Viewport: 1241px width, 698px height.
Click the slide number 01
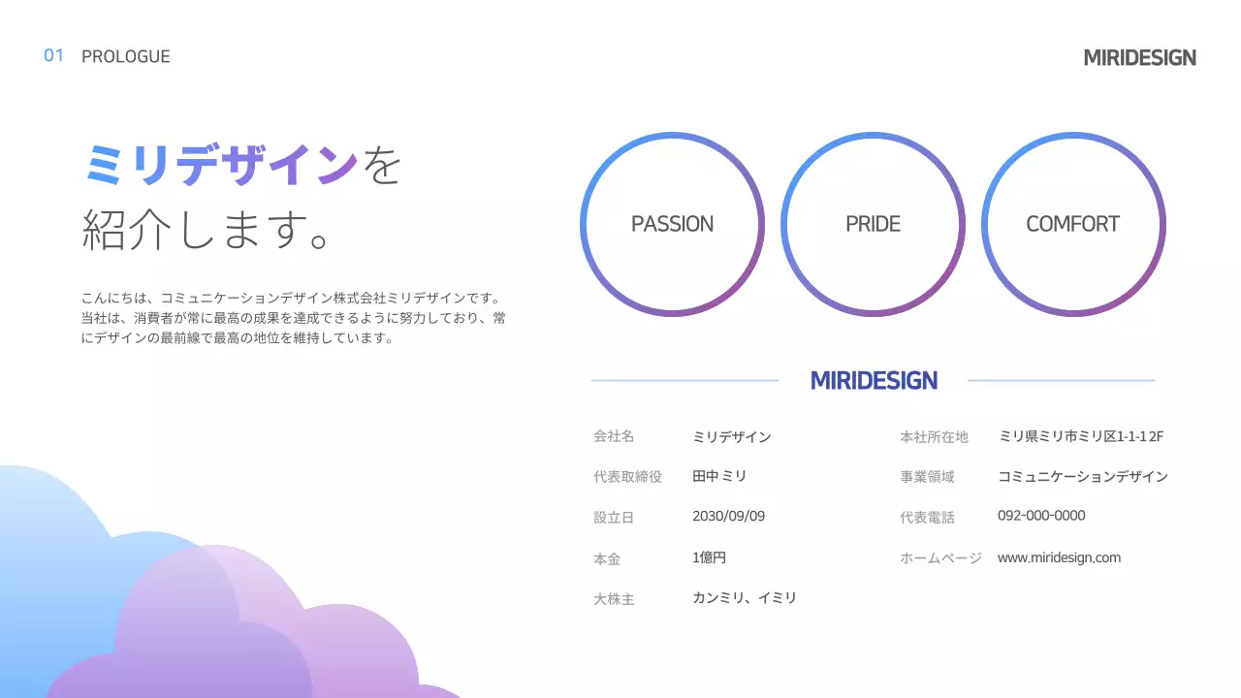point(53,55)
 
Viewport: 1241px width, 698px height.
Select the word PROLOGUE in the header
point(126,56)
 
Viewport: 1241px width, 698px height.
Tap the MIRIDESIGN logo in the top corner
point(1139,58)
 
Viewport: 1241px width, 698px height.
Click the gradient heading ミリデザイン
point(221,166)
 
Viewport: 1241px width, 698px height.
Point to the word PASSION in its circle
point(672,224)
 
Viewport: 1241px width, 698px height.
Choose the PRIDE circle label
point(873,224)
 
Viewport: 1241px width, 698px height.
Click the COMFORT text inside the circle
point(1072,224)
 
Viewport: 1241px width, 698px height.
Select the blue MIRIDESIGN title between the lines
point(874,381)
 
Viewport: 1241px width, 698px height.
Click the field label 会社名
point(614,437)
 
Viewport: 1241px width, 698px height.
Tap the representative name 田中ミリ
point(719,477)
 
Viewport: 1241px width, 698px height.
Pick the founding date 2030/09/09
point(728,516)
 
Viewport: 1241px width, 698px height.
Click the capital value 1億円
point(709,557)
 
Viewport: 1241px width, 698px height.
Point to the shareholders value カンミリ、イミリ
point(745,598)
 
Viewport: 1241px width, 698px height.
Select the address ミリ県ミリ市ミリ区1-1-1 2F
point(1081,437)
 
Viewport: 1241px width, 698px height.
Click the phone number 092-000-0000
point(1041,516)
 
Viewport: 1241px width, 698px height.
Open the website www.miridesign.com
point(1059,557)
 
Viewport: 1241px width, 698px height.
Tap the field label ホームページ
point(940,558)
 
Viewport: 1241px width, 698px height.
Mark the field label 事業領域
point(927,477)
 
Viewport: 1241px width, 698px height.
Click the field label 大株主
point(614,599)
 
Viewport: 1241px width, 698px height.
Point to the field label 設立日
point(614,518)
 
